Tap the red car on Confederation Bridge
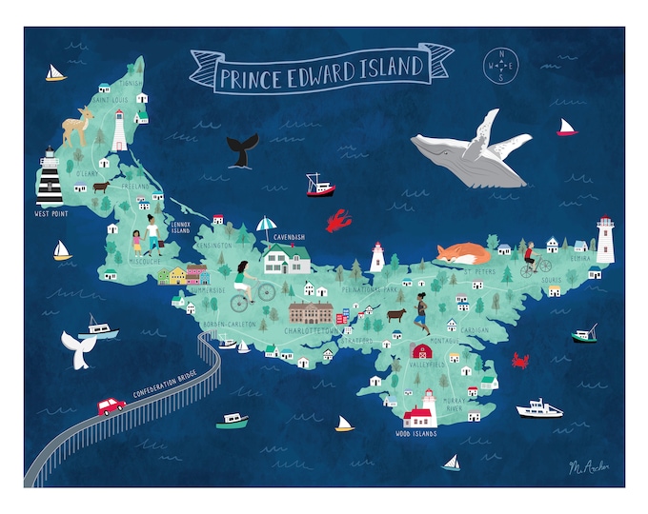(111, 405)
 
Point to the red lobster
(337, 223)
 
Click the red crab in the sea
(520, 360)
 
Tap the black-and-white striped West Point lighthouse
(50, 179)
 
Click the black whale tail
(242, 148)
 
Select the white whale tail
(76, 348)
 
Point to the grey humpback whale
(472, 154)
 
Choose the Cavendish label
(289, 235)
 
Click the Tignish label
(132, 83)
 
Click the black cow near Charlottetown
(395, 314)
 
